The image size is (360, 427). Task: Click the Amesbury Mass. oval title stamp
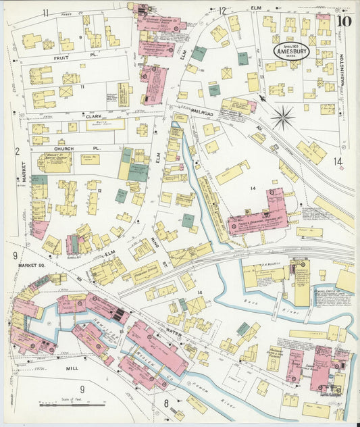pos(291,51)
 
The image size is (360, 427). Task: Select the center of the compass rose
pos(283,118)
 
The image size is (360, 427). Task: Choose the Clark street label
pos(93,116)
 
